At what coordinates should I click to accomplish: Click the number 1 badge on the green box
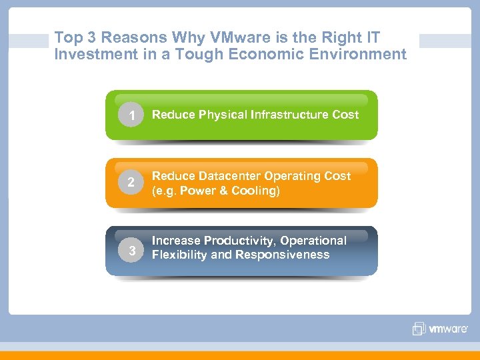coord(132,115)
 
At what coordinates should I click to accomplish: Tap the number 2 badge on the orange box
coord(132,183)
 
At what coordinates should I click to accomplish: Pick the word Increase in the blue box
coord(176,240)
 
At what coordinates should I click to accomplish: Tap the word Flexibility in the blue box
coord(179,255)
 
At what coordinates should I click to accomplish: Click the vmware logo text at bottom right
coord(448,329)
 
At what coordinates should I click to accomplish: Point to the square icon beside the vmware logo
coord(419,329)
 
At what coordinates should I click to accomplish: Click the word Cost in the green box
coord(345,115)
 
